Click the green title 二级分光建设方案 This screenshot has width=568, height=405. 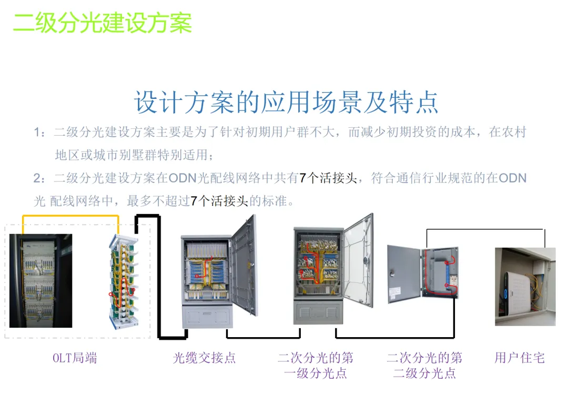pyautogui.click(x=103, y=23)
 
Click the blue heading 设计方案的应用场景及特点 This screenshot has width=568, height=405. pyautogui.click(x=286, y=102)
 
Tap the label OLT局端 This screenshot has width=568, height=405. pyautogui.click(x=75, y=358)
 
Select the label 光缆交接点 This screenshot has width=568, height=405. pyautogui.click(x=204, y=358)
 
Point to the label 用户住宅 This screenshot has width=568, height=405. pyautogui.click(x=519, y=358)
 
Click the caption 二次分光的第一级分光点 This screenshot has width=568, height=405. pyautogui.click(x=316, y=366)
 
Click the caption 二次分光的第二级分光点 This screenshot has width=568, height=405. pyautogui.click(x=424, y=366)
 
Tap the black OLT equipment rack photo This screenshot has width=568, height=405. pyautogui.click(x=40, y=280)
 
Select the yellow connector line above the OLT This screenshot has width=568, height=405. pyautogui.click(x=70, y=216)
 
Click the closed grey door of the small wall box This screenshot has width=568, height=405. pyautogui.click(x=403, y=274)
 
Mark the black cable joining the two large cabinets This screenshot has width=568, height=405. pyautogui.click(x=263, y=337)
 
